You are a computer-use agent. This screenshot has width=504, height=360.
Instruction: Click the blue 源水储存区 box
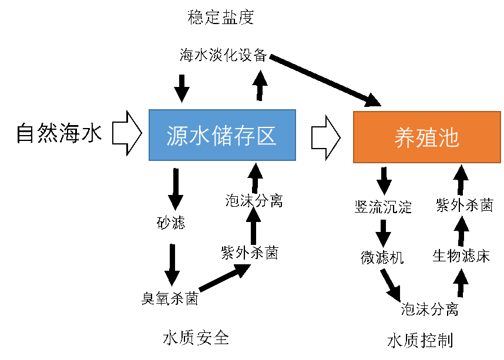222,135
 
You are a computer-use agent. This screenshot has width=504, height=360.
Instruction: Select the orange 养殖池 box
427,137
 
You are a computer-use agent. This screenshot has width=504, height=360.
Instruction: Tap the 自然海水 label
59,133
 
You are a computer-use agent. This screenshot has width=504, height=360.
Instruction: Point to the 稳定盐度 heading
220,18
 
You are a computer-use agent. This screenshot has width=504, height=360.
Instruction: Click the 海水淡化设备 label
223,55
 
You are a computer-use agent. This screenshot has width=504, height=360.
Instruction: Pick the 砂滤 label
171,223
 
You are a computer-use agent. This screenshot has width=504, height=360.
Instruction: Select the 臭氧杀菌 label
170,298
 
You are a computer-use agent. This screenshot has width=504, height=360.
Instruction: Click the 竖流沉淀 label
383,207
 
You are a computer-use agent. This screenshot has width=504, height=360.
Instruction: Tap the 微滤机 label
382,257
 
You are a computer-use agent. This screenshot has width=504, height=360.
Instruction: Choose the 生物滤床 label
461,256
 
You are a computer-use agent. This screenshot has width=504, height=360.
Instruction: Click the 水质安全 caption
196,338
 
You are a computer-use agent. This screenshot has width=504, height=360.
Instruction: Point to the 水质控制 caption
420,341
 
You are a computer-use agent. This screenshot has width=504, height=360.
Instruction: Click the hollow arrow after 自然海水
127,133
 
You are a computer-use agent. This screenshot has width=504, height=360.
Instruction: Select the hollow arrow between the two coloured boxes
326,137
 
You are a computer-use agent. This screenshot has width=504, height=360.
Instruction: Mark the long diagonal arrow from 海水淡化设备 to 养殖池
325,80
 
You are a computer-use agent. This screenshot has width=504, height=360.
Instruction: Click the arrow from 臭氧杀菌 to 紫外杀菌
225,277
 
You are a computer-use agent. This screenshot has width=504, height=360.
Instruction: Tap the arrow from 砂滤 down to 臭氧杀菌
172,265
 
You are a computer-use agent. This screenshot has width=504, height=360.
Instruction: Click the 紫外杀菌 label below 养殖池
465,205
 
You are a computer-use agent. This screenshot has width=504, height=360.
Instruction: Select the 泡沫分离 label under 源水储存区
254,201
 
